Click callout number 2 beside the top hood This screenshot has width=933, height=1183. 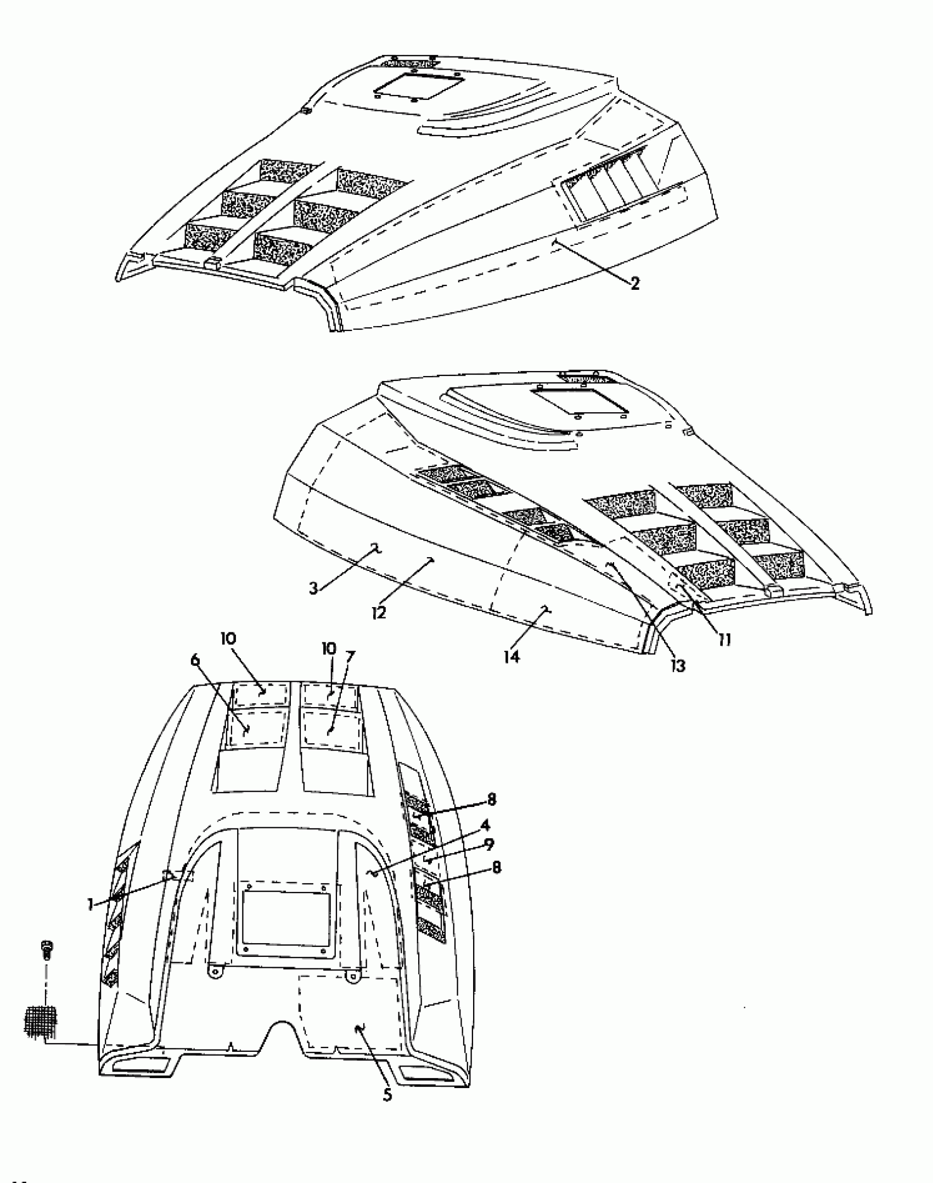click(x=634, y=283)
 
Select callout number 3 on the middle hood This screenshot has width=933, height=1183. click(x=313, y=588)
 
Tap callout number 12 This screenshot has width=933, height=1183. click(x=378, y=611)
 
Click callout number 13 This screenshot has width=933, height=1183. click(x=678, y=665)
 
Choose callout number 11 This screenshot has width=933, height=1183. click(x=724, y=640)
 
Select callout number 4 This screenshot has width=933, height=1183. click(x=485, y=840)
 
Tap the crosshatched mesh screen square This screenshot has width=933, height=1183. click(x=41, y=1022)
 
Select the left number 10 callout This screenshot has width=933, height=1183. click(x=229, y=639)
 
